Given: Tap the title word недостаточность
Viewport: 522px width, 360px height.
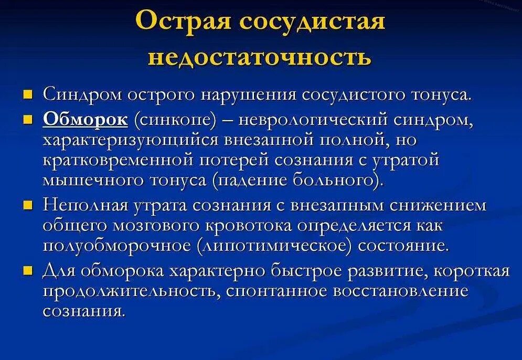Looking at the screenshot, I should coord(260,57).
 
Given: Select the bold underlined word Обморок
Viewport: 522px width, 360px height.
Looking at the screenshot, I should coord(86,120).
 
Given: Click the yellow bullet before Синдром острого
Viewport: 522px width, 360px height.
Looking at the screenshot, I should coord(29,94).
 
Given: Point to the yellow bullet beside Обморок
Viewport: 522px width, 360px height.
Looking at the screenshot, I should coord(29,120).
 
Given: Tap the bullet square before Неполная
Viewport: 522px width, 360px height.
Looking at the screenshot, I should coord(29,205).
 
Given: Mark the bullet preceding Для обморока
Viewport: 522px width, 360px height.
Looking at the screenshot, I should coord(29,271).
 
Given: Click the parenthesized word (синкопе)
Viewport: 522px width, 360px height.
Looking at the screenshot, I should coord(175,120).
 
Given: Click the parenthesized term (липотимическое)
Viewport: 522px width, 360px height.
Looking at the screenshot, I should coord(271,246).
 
